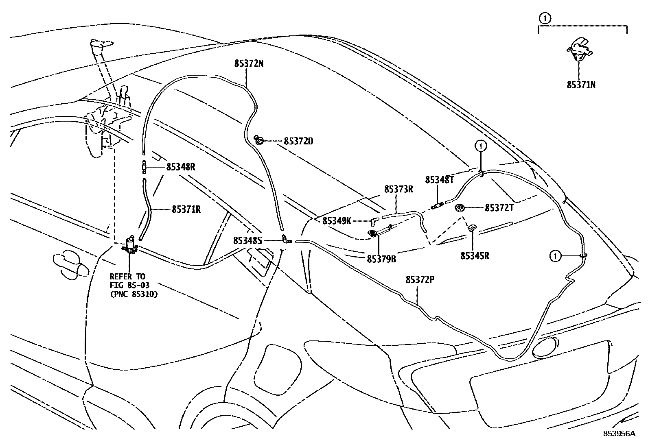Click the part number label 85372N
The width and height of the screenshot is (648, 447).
(x=249, y=64)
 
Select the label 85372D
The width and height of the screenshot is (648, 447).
(x=298, y=142)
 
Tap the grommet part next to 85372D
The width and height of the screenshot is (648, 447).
(x=259, y=141)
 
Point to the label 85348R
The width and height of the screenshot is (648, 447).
(x=181, y=167)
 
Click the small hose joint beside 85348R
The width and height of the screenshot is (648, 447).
(x=144, y=167)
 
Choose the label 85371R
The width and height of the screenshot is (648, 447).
(x=186, y=209)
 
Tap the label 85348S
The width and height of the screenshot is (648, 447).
(x=247, y=241)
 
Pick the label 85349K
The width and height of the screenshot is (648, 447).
(x=337, y=221)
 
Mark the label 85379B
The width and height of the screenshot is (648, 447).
(x=381, y=259)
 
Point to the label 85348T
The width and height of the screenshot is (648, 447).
(x=439, y=180)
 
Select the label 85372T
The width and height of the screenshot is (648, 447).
(x=499, y=208)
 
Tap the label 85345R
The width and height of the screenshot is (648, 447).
(x=475, y=256)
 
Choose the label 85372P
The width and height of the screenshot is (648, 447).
(x=420, y=280)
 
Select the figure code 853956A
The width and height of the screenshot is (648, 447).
(x=619, y=434)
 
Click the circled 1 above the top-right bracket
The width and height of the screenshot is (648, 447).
(x=545, y=18)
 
